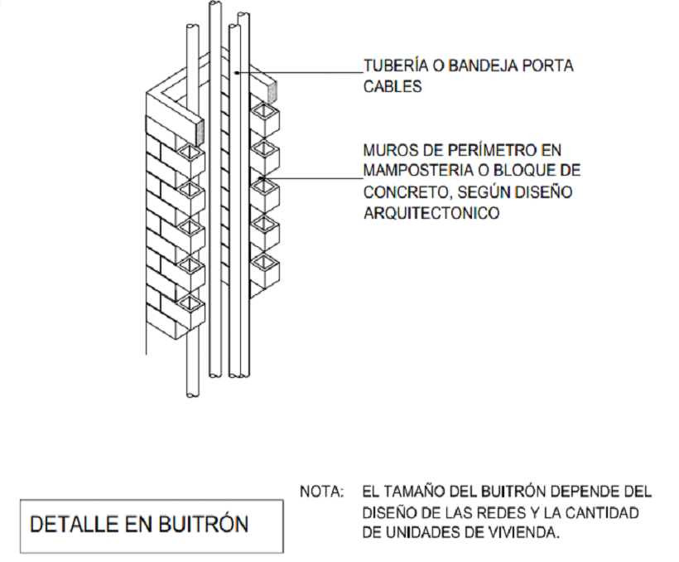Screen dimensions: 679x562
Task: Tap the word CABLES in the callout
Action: point(392,87)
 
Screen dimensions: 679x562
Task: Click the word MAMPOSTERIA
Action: point(418,171)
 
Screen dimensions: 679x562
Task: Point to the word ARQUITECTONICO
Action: point(431,213)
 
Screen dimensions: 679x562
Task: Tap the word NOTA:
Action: point(322,492)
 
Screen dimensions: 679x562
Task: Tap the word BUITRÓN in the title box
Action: point(203,523)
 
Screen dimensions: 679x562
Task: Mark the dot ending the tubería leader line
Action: point(236,73)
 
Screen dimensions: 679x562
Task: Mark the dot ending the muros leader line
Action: point(261,177)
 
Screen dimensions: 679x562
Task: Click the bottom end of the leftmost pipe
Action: point(193,395)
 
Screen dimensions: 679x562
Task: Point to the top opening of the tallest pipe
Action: point(215,3)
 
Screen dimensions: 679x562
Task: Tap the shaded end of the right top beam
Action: point(272,92)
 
